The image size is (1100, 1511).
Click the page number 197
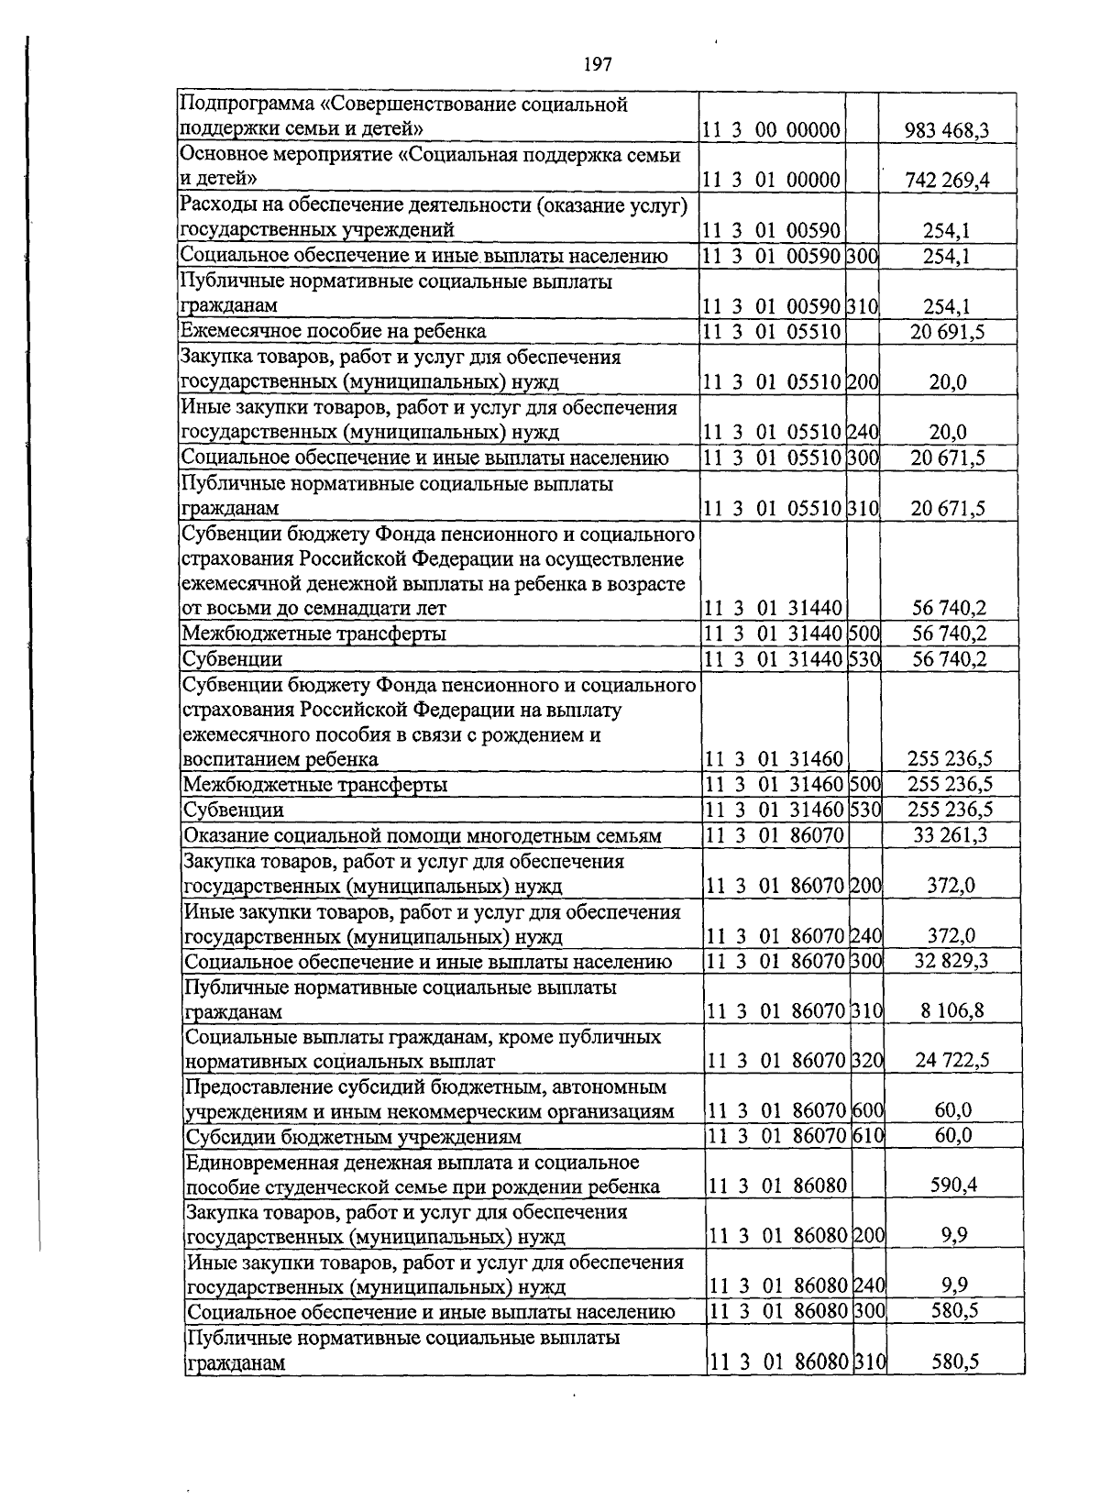click(x=597, y=64)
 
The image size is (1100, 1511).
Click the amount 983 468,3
click(x=947, y=130)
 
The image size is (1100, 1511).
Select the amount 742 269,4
click(x=947, y=180)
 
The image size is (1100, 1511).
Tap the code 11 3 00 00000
click(x=772, y=130)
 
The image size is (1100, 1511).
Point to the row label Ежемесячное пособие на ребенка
click(x=334, y=331)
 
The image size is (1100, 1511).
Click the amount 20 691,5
click(x=947, y=331)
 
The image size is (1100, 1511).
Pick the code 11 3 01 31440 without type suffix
click(x=772, y=608)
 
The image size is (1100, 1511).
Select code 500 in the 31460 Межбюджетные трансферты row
click(x=865, y=785)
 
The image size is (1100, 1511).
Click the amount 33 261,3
click(x=951, y=835)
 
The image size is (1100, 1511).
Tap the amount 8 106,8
click(x=952, y=1011)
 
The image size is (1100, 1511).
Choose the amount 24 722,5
click(x=952, y=1062)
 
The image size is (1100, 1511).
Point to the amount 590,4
click(x=953, y=1186)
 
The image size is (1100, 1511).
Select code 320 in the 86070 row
click(x=867, y=1062)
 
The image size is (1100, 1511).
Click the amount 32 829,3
click(x=951, y=961)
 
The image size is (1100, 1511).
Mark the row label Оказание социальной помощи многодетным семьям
click(x=435, y=835)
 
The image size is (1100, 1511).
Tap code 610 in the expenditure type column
click(x=867, y=1137)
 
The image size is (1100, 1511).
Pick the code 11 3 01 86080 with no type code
click(x=777, y=1186)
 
